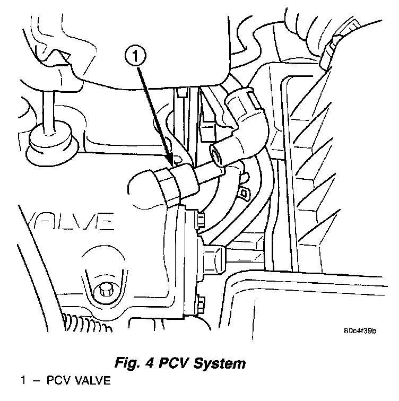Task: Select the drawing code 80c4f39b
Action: pos(360,332)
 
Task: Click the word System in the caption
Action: pos(219,364)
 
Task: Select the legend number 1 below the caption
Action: pos(23,381)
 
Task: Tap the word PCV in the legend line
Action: pos(58,381)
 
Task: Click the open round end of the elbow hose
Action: pos(218,154)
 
